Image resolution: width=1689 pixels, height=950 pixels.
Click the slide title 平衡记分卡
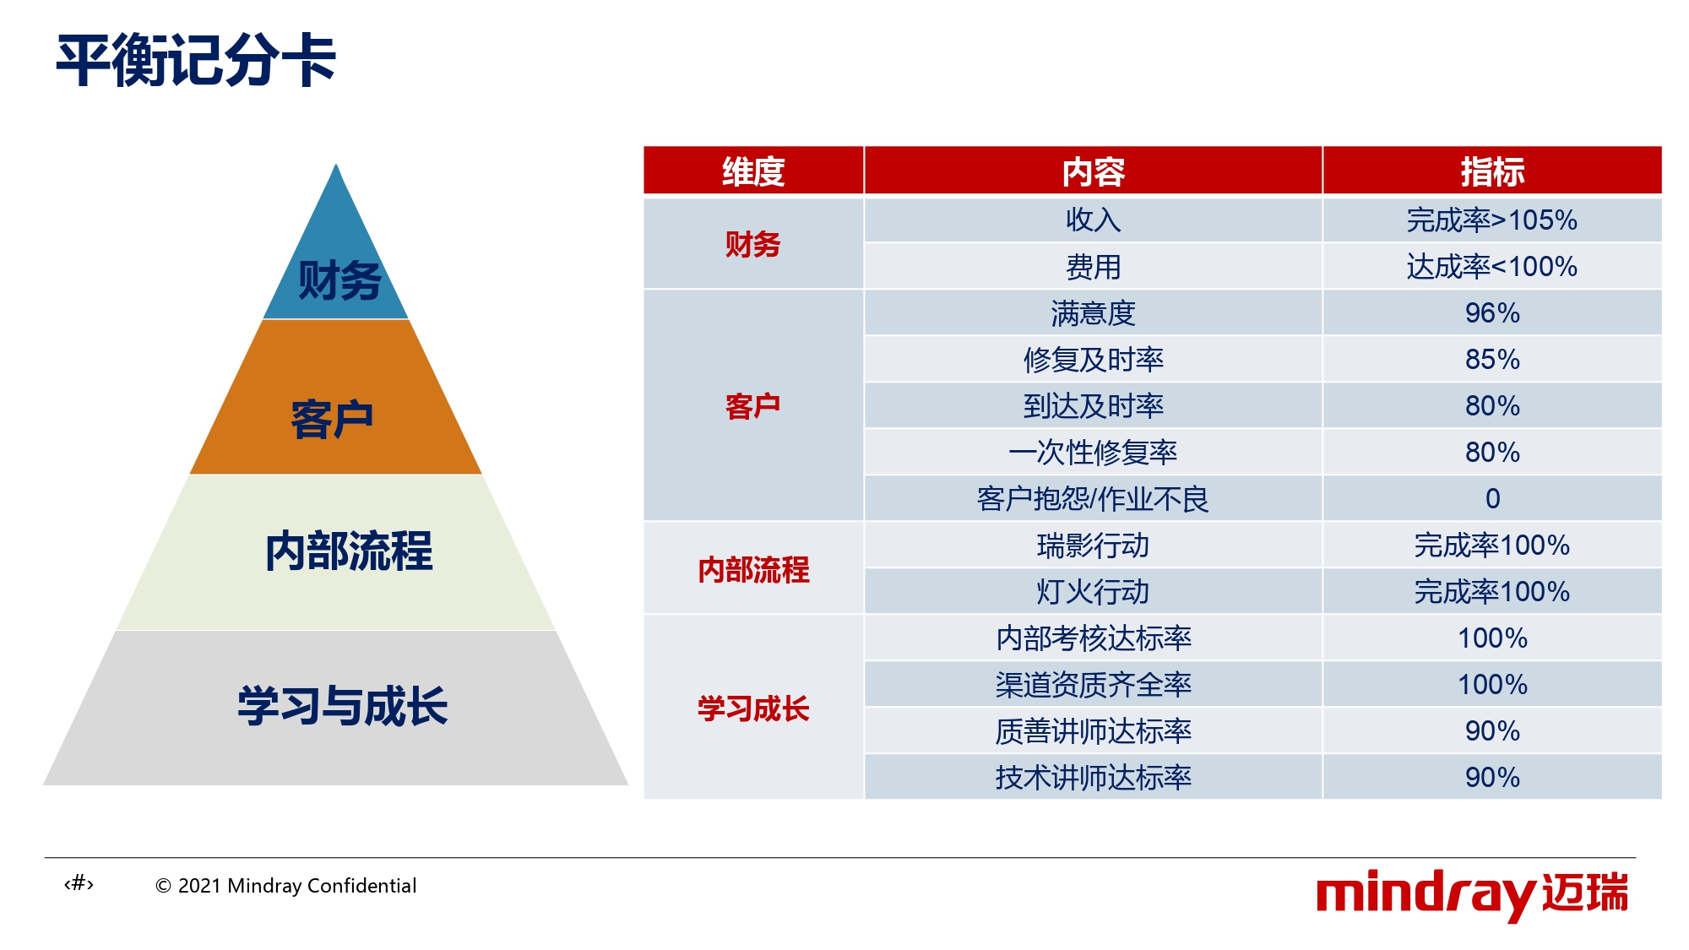tap(196, 61)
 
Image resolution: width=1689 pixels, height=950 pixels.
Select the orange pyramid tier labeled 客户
tap(335, 397)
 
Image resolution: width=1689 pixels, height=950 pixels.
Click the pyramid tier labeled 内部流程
tap(336, 552)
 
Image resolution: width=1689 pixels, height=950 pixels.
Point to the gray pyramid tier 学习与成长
tap(336, 708)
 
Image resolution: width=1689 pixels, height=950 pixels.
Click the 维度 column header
tap(753, 171)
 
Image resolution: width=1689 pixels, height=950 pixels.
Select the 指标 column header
tap(1492, 171)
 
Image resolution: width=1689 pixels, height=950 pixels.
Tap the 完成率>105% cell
tap(1492, 220)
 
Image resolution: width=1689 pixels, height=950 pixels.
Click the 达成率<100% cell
tap(1492, 266)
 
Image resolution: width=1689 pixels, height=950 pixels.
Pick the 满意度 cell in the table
tap(1094, 312)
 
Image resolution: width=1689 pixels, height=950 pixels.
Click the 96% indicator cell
tap(1492, 312)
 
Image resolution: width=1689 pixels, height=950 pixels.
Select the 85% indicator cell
tap(1492, 359)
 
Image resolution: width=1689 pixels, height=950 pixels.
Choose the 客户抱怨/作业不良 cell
tap(1094, 498)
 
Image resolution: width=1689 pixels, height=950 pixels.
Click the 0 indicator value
tap(1492, 498)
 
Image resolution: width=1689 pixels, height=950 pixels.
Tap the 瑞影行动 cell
tap(1094, 545)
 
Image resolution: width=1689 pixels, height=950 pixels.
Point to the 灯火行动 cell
tap(1094, 591)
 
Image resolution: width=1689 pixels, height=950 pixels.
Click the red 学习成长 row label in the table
tap(753, 708)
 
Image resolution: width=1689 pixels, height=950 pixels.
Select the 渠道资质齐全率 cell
tap(1094, 684)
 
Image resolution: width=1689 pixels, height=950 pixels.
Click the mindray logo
tap(1472, 894)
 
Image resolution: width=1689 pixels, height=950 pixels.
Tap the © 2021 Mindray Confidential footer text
tap(286, 886)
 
